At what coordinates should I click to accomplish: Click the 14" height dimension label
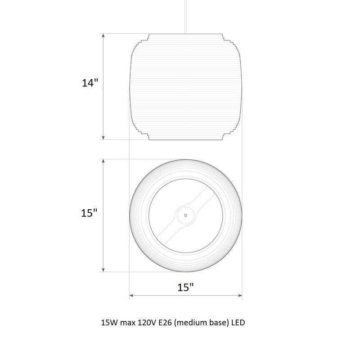tap(90, 83)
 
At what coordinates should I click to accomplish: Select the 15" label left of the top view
tap(90, 213)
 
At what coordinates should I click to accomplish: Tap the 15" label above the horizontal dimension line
tap(185, 288)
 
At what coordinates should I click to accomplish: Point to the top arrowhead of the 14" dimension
tap(103, 36)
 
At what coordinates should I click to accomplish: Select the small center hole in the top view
tap(185, 215)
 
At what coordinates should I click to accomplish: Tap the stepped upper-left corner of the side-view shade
tap(139, 43)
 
